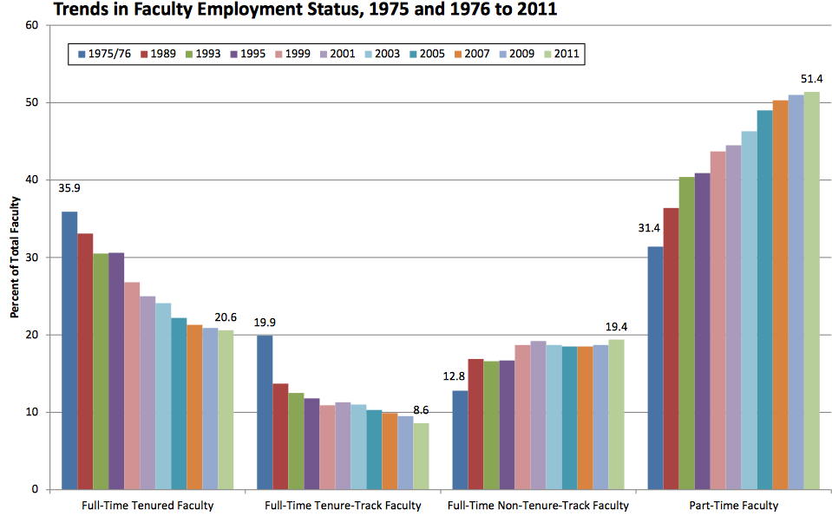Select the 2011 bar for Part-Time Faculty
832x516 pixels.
pyautogui.click(x=811, y=291)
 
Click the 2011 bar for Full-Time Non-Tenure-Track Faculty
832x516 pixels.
pyautogui.click(x=616, y=415)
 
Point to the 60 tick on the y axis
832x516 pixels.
pyautogui.click(x=32, y=25)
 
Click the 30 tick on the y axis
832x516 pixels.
pyautogui.click(x=32, y=258)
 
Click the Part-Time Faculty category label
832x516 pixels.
pyautogui.click(x=733, y=505)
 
